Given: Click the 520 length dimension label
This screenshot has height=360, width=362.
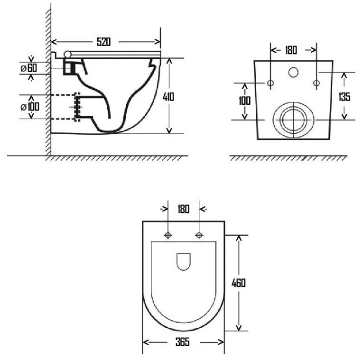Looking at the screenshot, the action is (x=103, y=42).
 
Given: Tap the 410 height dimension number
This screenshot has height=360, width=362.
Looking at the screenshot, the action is (x=168, y=97).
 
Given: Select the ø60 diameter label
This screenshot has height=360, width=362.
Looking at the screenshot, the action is (x=29, y=68).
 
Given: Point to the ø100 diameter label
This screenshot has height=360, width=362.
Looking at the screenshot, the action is (x=30, y=107).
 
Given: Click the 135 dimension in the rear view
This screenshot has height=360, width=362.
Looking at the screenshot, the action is (x=344, y=97).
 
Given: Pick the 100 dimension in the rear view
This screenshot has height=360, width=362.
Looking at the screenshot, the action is (x=244, y=101).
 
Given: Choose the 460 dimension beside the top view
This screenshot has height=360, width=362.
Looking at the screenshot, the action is (x=239, y=283).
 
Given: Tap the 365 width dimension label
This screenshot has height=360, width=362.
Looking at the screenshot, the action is (x=183, y=342).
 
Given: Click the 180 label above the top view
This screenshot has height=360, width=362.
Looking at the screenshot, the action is (x=184, y=209).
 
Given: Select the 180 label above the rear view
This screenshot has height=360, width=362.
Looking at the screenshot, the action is (x=291, y=50).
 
